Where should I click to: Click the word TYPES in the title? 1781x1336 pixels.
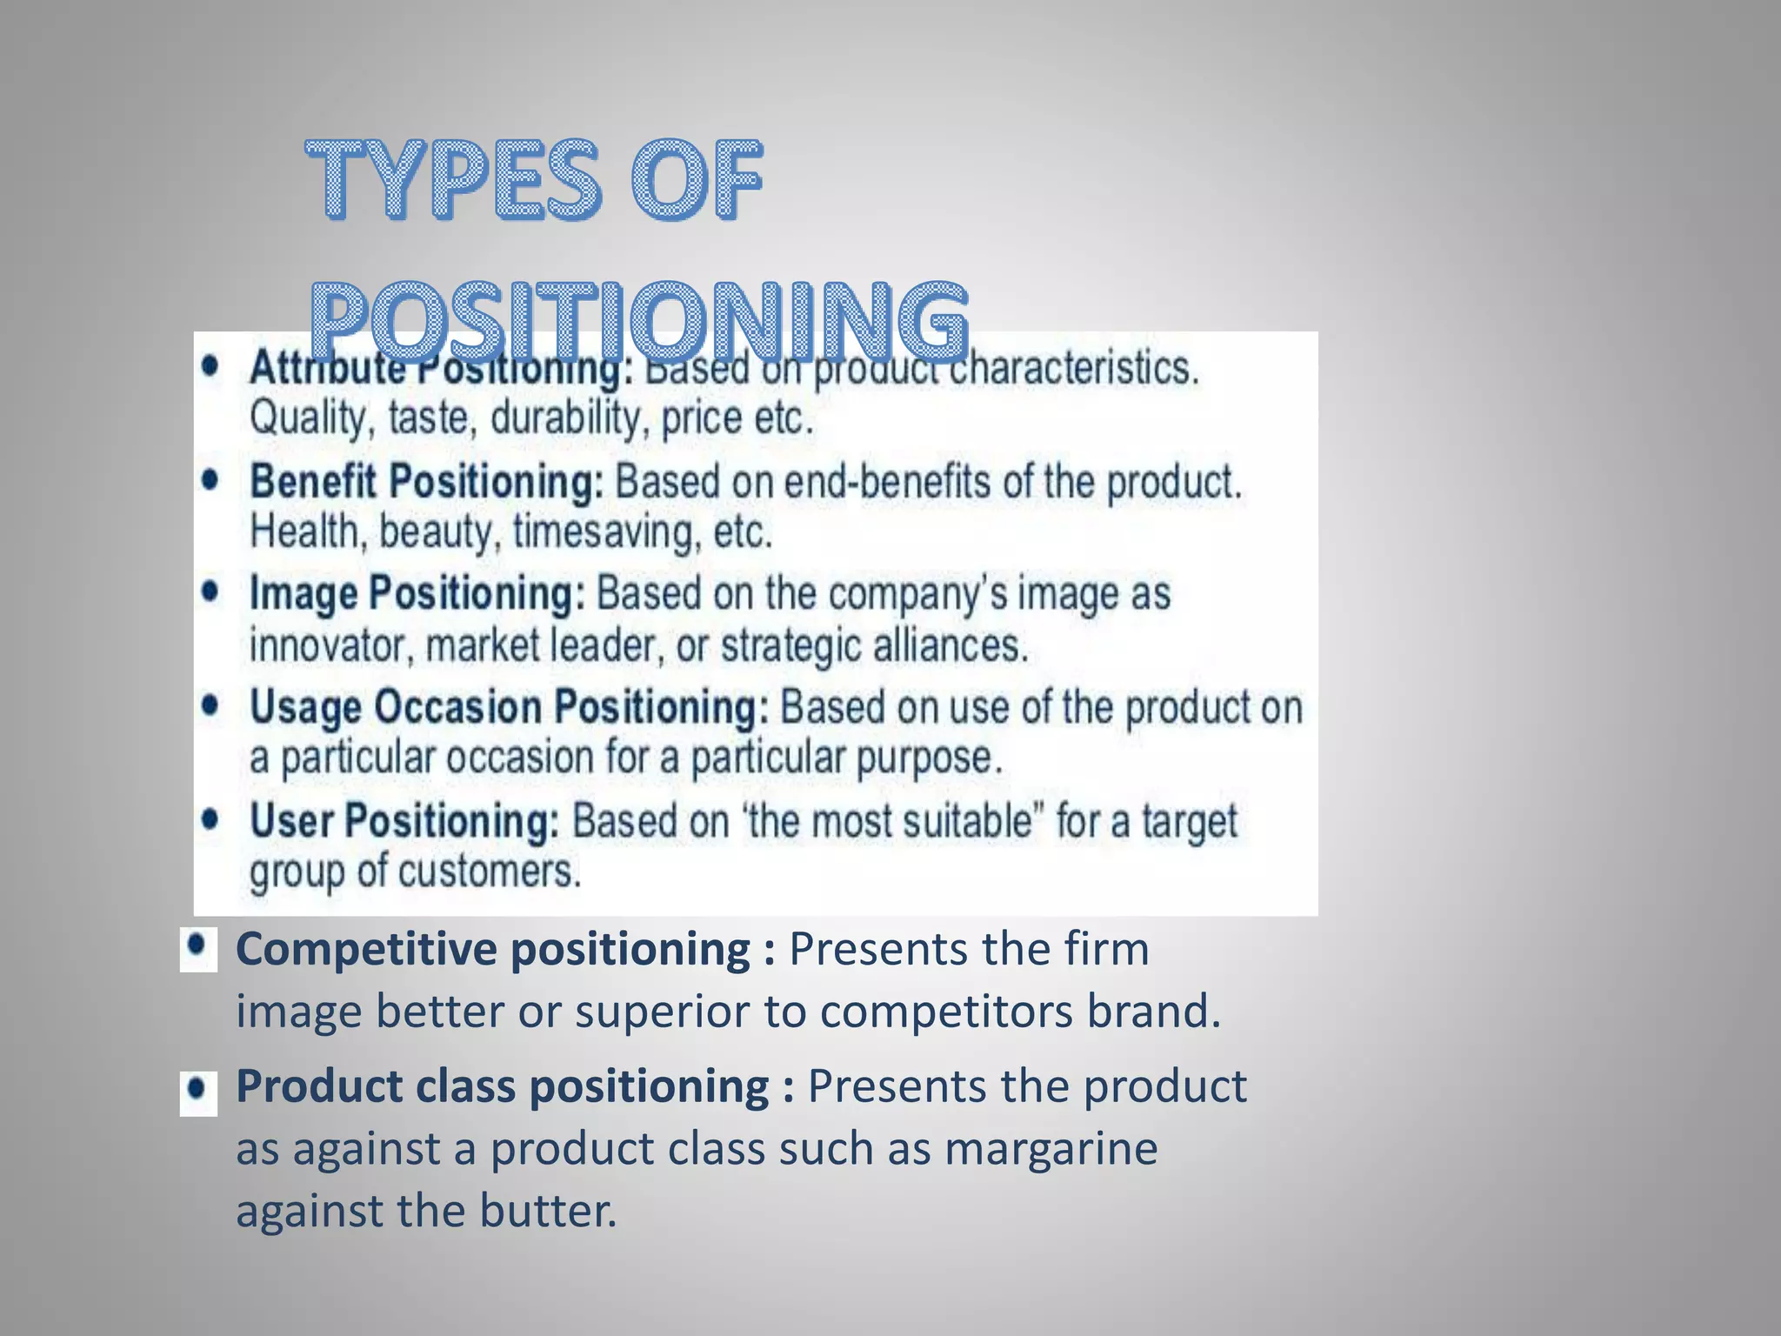pyautogui.click(x=452, y=179)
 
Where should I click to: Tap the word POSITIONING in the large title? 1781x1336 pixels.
pyautogui.click(x=639, y=322)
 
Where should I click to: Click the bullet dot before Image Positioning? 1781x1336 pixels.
pyautogui.click(x=210, y=591)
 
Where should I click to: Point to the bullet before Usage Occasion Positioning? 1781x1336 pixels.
pyautogui.click(x=210, y=705)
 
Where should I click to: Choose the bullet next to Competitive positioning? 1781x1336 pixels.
pyautogui.click(x=198, y=946)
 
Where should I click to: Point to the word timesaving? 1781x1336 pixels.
pyautogui.click(x=606, y=532)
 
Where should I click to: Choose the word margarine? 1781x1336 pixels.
pyautogui.click(x=1051, y=1149)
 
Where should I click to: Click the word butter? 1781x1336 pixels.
pyautogui.click(x=548, y=1211)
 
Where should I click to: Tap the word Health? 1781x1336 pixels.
pyautogui.click(x=305, y=532)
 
